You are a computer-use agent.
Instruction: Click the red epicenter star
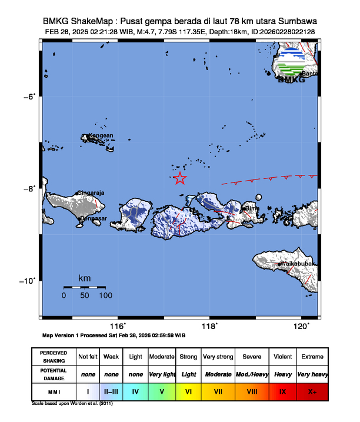pyautogui.click(x=180, y=178)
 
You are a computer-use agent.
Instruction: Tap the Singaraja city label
pyautogui.click(x=92, y=192)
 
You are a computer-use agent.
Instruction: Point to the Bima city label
pyautogui.click(x=252, y=208)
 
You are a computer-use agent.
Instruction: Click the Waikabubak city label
pyautogui.click(x=299, y=264)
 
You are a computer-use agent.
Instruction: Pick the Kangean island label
pyautogui.click(x=100, y=135)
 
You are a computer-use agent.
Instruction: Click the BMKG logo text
pyautogui.click(x=291, y=79)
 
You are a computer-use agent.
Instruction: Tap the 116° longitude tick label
pyautogui.click(x=118, y=326)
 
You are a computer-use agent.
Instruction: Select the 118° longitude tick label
pyautogui.click(x=210, y=326)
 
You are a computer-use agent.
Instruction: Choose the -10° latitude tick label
pyautogui.click(x=28, y=280)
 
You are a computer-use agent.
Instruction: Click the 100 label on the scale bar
pyautogui.click(x=106, y=295)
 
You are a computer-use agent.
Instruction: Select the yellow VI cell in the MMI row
pyautogui.click(x=188, y=390)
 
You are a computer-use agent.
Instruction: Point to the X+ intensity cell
pyautogui.click(x=312, y=390)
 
